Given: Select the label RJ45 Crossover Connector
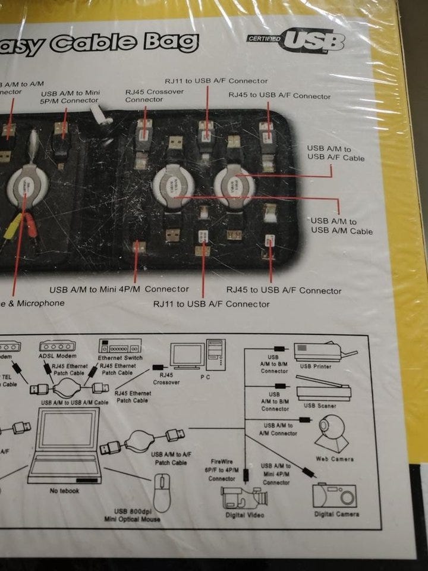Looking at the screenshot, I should point(154,96).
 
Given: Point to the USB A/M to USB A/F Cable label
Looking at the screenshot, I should point(336,153).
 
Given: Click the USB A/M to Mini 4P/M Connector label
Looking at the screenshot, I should point(119,290).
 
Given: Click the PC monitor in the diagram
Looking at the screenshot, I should point(187,356).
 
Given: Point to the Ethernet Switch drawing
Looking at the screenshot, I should point(119,347).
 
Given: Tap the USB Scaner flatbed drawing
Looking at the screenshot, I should point(324,392).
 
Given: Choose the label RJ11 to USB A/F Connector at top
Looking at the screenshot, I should point(216,81).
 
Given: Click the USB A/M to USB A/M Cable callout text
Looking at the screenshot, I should point(342,225).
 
